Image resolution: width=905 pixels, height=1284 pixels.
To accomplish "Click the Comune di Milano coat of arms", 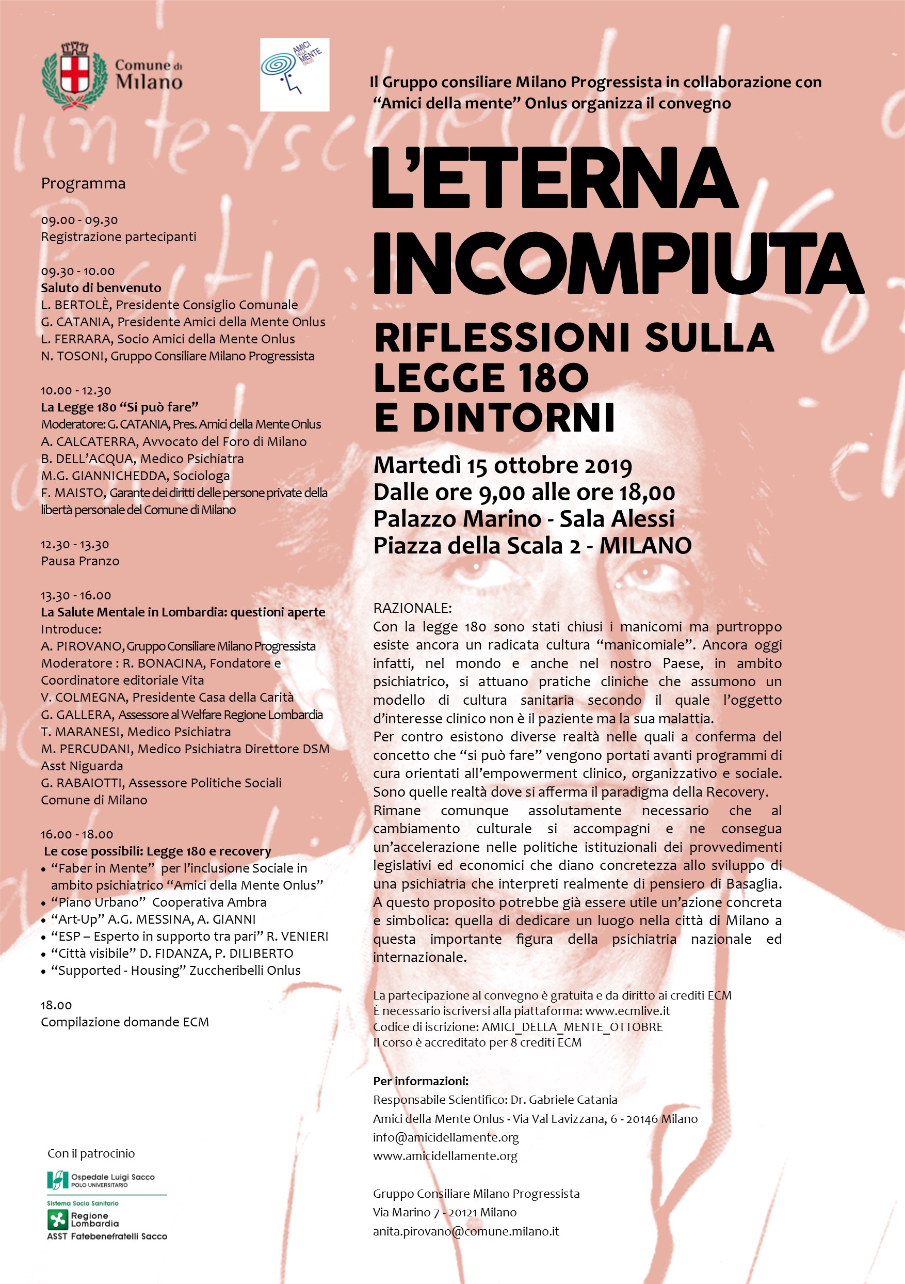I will [x=74, y=75].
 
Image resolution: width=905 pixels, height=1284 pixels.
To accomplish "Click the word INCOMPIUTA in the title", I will [x=618, y=263].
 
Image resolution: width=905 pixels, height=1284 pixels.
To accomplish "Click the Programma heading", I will [x=83, y=183].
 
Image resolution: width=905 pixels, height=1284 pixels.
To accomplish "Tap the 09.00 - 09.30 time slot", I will [x=79, y=220].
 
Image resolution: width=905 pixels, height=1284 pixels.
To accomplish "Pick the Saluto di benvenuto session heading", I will [x=101, y=288].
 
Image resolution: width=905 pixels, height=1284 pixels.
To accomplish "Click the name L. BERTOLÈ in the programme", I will [x=75, y=305].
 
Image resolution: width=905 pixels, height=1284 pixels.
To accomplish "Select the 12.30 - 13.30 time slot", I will [x=75, y=544].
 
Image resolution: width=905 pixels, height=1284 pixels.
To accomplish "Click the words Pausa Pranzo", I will [x=80, y=561].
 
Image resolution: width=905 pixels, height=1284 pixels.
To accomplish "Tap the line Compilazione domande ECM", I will [x=125, y=1022].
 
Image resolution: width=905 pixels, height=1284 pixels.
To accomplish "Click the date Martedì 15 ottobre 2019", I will [x=503, y=465].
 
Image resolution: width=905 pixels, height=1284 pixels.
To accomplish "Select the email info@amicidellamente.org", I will [x=445, y=1137].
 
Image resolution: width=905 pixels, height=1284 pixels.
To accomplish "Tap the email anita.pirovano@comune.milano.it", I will [x=465, y=1231].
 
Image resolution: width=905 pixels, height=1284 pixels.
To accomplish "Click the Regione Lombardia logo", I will [x=84, y=1218].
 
